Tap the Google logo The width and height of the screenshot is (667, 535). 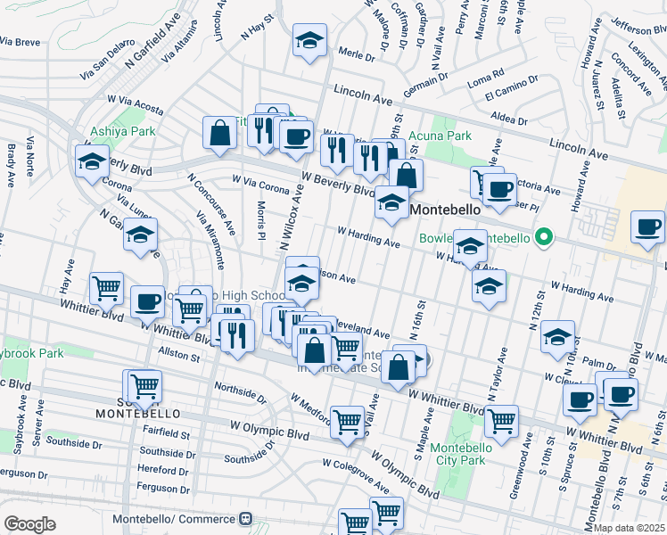pyautogui.click(x=29, y=523)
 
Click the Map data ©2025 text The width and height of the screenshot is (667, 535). pyautogui.click(x=629, y=528)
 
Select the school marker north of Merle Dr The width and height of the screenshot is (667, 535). pyautogui.click(x=309, y=41)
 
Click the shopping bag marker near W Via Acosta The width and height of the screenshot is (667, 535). pyautogui.click(x=219, y=134)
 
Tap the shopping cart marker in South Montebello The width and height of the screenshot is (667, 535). pyautogui.click(x=144, y=386)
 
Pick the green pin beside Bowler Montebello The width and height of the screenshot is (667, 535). pyautogui.click(x=540, y=238)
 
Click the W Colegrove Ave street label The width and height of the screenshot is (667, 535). pyautogui.click(x=356, y=476)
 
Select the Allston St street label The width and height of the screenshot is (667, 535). pyautogui.click(x=177, y=356)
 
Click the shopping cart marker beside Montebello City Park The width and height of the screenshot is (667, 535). pyautogui.click(x=502, y=421)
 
